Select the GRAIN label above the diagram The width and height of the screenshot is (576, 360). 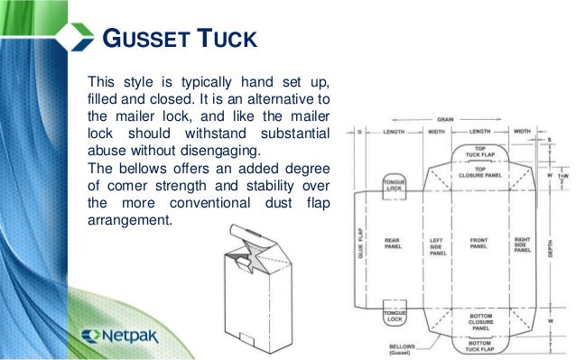point(445,118)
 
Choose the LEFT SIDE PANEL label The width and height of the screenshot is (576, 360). point(438,246)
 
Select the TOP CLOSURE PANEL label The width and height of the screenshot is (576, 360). point(478,172)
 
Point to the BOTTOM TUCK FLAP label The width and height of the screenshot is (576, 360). point(479,347)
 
